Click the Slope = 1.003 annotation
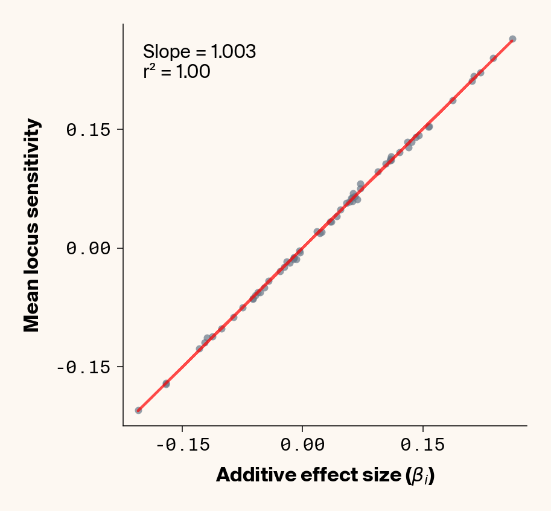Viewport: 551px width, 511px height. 199,52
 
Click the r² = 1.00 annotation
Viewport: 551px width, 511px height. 177,72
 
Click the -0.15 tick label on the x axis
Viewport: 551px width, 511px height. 182,446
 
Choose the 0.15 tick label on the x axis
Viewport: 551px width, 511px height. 422,446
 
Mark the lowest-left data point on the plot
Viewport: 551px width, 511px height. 138,410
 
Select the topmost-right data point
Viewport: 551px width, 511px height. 512,39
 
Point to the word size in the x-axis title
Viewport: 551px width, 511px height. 383,475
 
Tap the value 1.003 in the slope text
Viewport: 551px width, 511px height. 235,52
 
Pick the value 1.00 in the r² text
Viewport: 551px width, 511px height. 193,72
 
